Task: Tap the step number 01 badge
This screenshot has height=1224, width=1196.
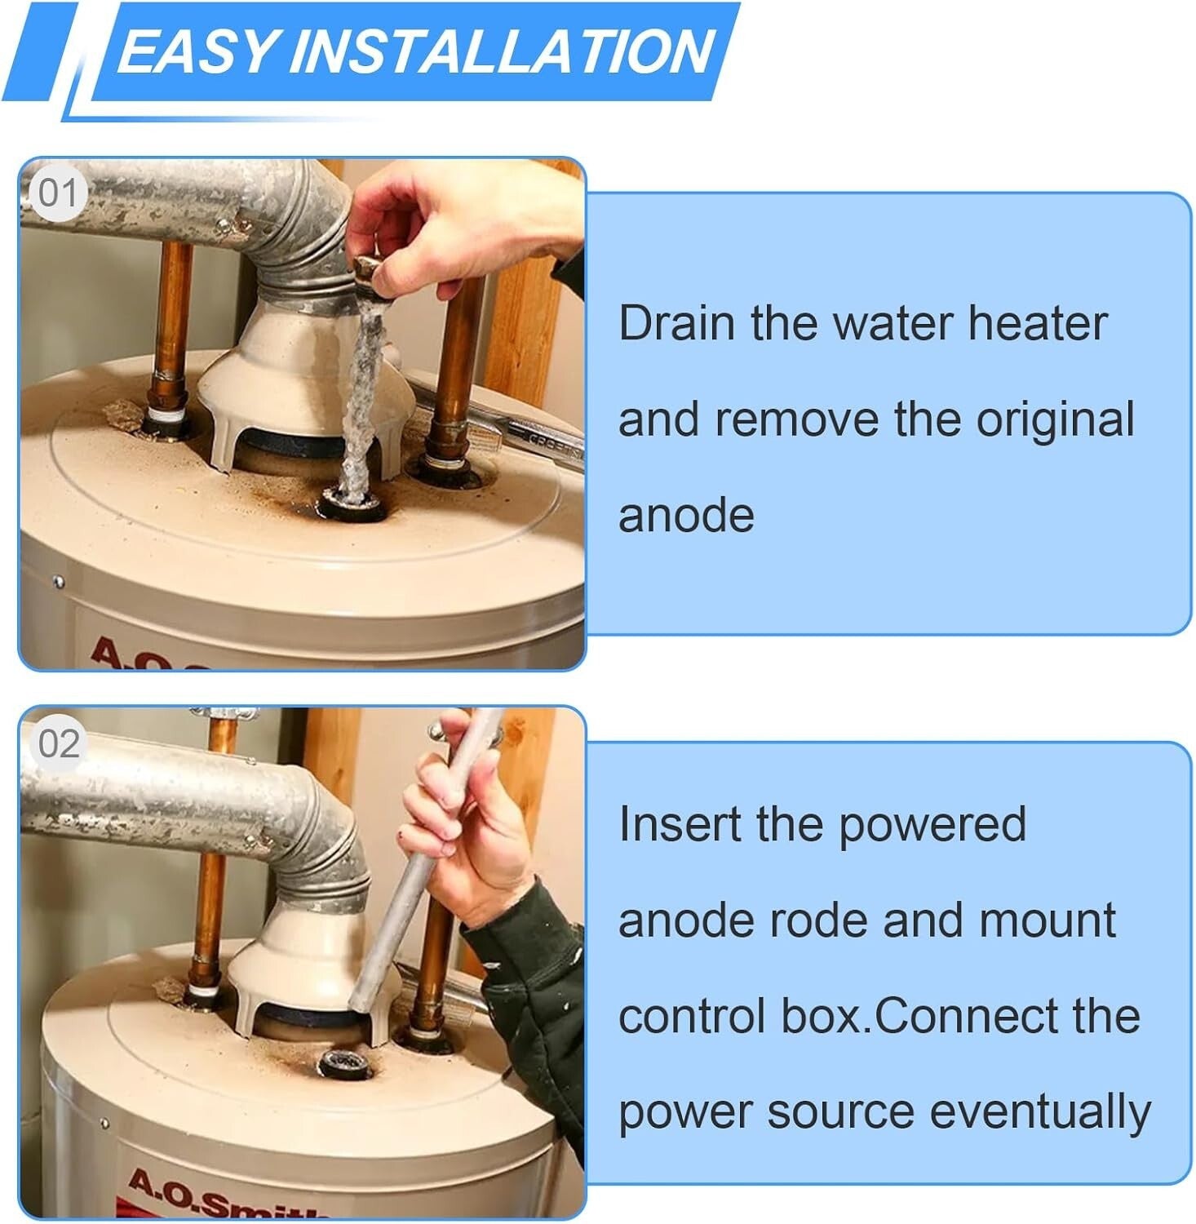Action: tap(57, 194)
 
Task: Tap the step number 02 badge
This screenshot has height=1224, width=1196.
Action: tap(59, 744)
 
